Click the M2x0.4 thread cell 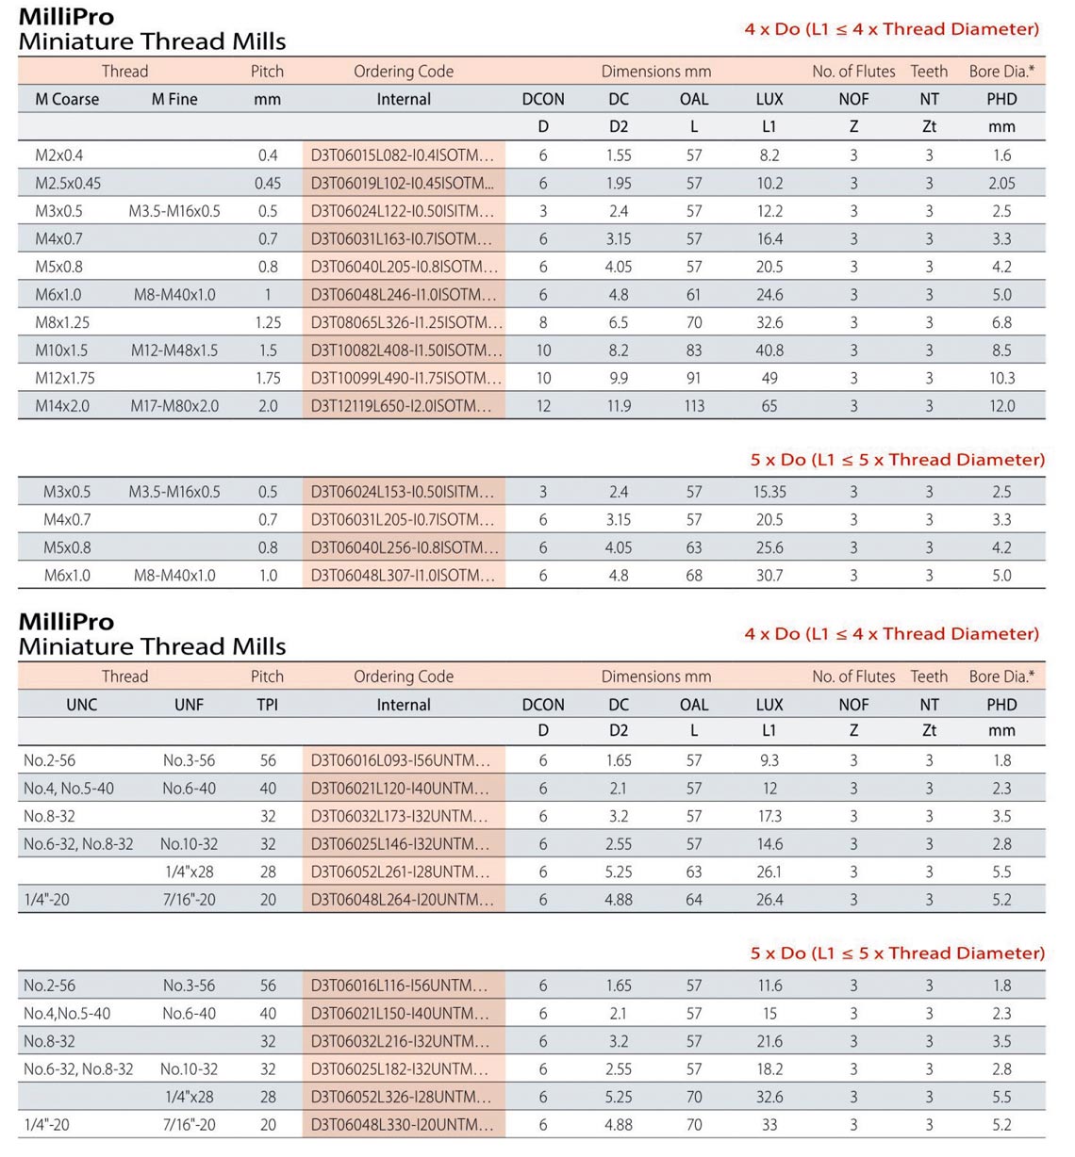59,155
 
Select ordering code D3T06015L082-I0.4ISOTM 403,155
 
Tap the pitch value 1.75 268,379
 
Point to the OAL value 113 694,406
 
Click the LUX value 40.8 769,350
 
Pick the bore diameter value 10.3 1001,379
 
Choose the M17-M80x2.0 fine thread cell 174,406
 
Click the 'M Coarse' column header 67,99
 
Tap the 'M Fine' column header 174,99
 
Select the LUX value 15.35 769,492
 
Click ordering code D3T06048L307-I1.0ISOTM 403,576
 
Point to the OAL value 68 694,576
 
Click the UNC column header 82,705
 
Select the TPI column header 268,705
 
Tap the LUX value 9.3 769,760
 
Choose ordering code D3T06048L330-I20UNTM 403,1125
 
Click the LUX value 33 769,1125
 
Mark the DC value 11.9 619,406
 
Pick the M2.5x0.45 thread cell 68,184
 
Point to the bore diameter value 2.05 1001,184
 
